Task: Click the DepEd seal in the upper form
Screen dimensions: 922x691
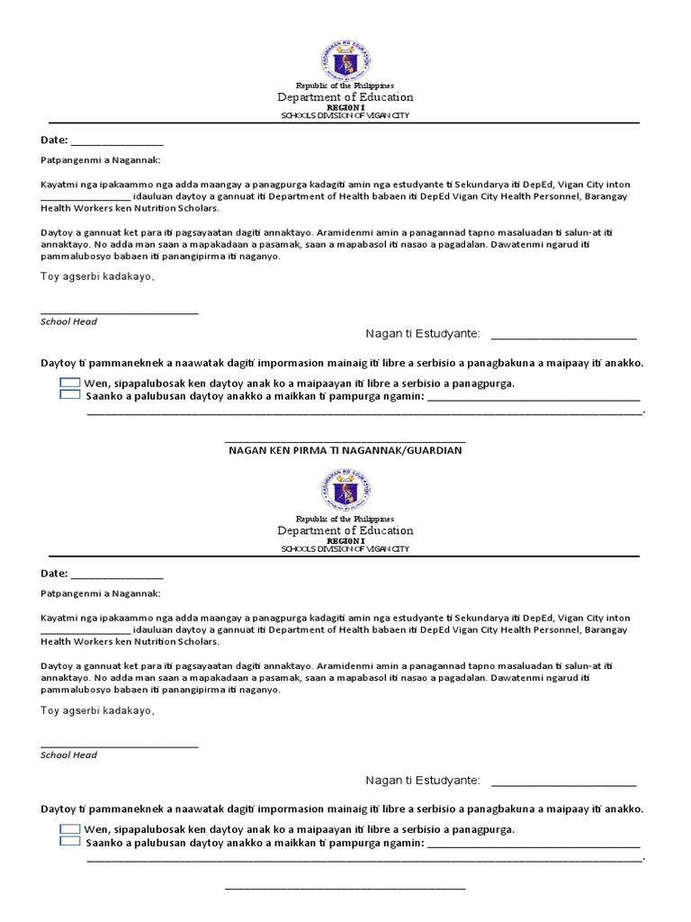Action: tap(345, 59)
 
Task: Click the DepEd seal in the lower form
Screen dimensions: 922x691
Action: tap(345, 493)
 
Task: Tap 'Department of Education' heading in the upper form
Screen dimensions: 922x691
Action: tap(345, 97)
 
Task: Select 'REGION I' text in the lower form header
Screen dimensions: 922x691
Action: tap(345, 540)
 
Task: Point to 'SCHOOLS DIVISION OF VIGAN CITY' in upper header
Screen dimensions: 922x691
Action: tap(345, 116)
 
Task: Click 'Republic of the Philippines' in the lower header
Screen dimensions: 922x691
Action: tap(345, 519)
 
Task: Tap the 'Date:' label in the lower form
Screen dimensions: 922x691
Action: tap(54, 574)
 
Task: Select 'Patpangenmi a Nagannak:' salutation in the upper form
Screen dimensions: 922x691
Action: tap(101, 160)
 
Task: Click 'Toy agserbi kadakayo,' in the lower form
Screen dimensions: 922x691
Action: tap(97, 710)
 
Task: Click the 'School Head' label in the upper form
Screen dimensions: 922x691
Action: tap(69, 321)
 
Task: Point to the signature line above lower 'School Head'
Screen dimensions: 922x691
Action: tap(120, 746)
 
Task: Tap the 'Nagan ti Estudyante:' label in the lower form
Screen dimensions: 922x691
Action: tap(423, 780)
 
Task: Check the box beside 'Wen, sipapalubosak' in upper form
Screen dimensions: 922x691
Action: tap(69, 383)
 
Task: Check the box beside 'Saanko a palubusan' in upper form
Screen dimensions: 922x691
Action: tap(69, 394)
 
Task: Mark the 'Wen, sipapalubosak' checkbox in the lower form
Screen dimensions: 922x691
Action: tap(69, 828)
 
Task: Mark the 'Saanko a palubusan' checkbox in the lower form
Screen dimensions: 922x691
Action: tap(69, 841)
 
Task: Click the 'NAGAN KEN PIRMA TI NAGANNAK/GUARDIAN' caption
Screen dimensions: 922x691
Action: tap(345, 449)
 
